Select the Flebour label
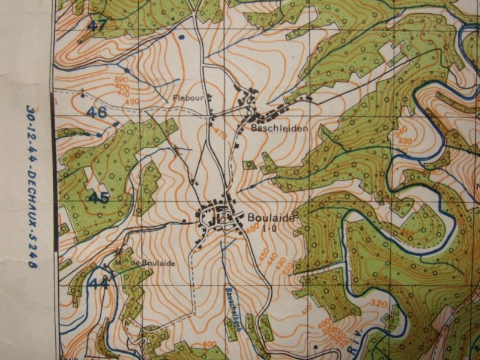click(184, 98)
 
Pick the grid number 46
click(96, 112)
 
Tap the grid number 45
click(98, 197)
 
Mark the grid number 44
click(98, 283)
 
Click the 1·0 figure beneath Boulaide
click(268, 228)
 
